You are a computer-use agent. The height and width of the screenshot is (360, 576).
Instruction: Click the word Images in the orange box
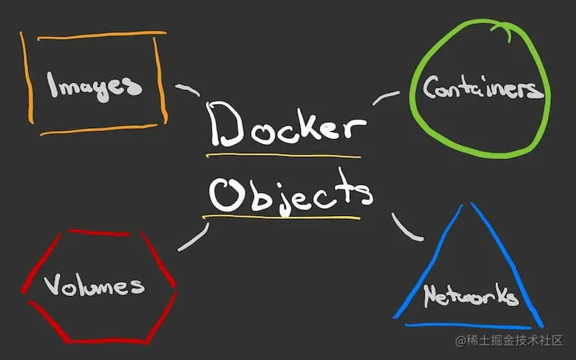[x=94, y=85]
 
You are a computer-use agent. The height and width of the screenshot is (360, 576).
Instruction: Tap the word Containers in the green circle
[x=481, y=89]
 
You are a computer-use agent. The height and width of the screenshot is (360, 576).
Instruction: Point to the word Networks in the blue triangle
[x=469, y=295]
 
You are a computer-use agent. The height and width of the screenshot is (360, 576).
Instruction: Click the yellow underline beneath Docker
[x=282, y=155]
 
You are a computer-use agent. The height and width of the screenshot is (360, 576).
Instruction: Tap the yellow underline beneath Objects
[x=281, y=216]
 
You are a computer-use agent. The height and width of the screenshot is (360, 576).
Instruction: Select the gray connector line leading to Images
[x=189, y=90]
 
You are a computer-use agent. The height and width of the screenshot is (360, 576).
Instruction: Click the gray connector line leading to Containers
[x=386, y=97]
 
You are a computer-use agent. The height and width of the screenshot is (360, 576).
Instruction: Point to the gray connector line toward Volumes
[x=193, y=238]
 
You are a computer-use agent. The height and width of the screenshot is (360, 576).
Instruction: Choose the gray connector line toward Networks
[x=407, y=227]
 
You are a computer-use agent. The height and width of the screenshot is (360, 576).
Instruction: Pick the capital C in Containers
[x=431, y=89]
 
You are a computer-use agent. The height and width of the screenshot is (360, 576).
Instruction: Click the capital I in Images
[x=52, y=85]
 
